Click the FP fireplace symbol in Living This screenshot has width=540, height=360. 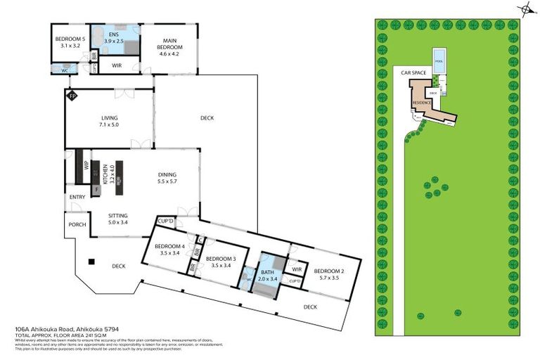(71, 96)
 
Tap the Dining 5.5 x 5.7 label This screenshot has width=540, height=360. (167, 179)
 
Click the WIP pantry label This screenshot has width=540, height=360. (79, 167)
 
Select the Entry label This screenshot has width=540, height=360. (77, 197)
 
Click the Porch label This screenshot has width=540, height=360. (77, 225)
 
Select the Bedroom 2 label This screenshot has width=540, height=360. (328, 274)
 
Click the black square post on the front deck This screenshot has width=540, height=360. (91, 262)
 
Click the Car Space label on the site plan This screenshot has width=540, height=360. (414, 72)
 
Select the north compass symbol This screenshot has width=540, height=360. (525, 9)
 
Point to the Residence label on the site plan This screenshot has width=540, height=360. (421, 103)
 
